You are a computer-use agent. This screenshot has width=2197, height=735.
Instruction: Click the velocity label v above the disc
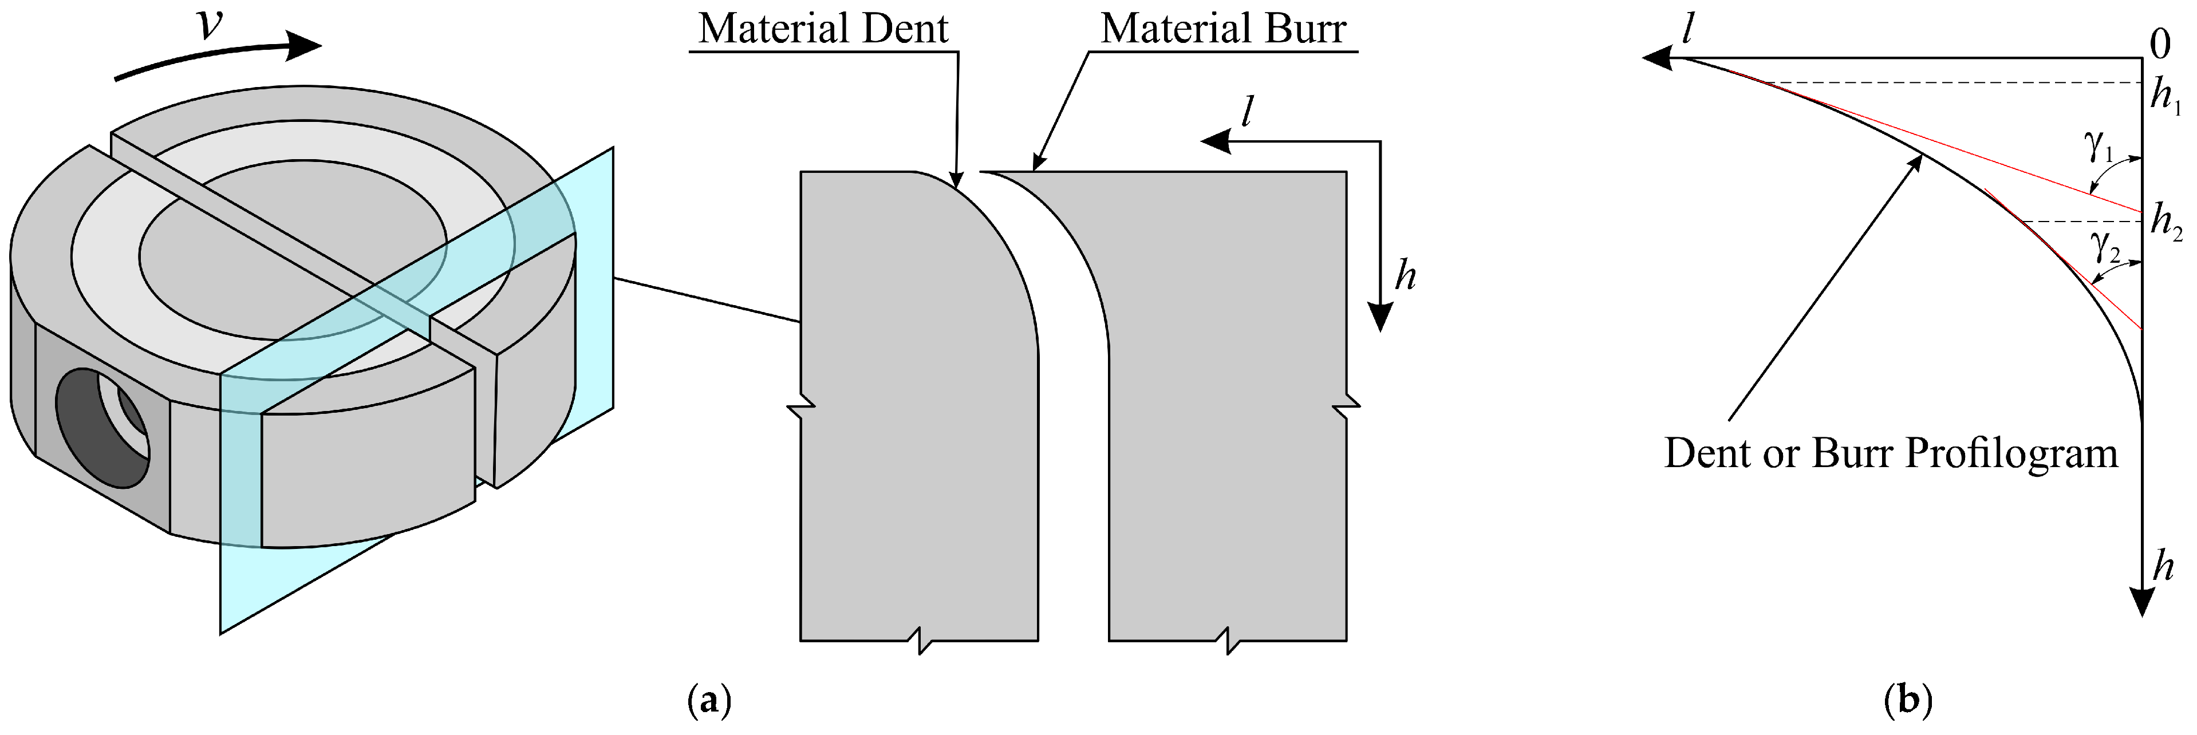[210, 26]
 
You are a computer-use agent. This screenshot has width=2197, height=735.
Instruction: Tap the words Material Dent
[823, 29]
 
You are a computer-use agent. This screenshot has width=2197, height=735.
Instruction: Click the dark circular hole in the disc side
[102, 428]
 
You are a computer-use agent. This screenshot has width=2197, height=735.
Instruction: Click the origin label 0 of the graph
[2159, 44]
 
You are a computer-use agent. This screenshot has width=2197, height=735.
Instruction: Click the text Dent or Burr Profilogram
[1891, 453]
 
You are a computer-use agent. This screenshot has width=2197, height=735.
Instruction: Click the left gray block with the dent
[913, 409]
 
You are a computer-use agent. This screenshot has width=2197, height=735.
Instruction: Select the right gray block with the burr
[1228, 409]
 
